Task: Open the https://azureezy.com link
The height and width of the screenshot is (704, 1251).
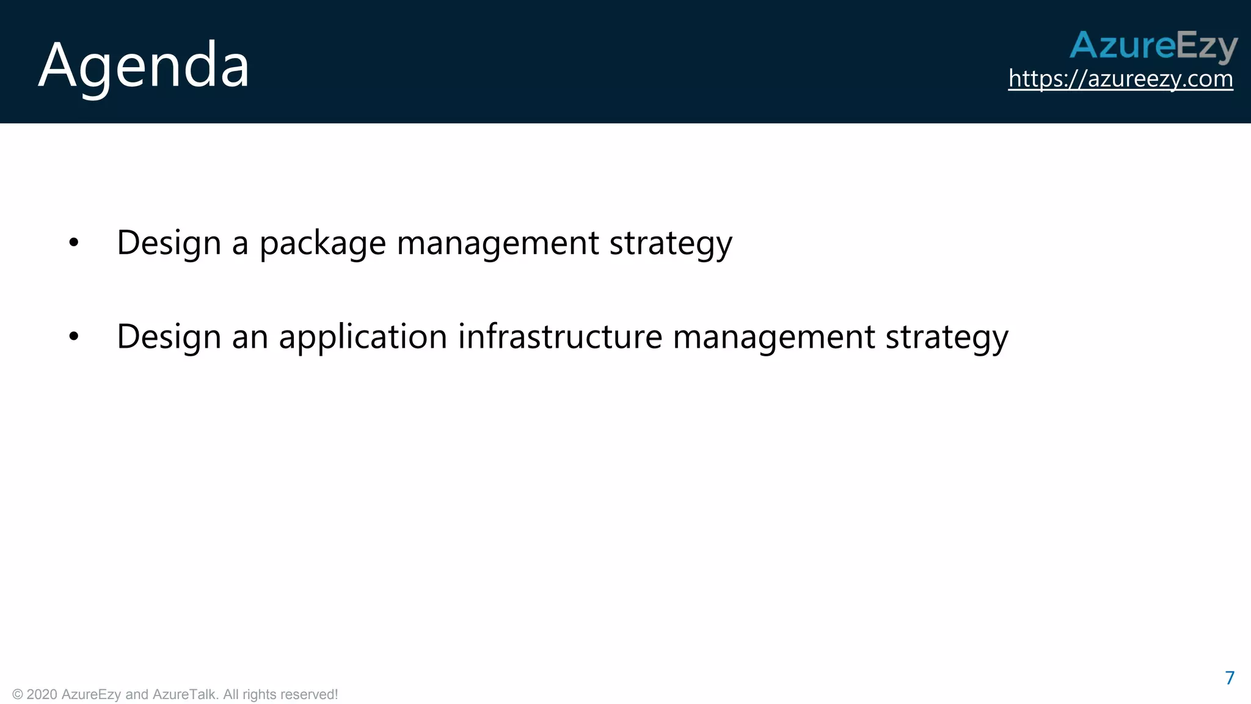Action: click(x=1120, y=79)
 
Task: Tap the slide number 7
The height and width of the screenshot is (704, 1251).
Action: click(x=1230, y=678)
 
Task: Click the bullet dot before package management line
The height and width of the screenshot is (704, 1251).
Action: click(x=74, y=243)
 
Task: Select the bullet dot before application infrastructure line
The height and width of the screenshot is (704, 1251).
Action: click(x=74, y=336)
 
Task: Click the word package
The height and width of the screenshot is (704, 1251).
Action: click(x=323, y=243)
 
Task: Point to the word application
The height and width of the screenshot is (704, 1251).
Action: click(x=363, y=337)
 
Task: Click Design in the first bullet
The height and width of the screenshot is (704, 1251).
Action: click(x=169, y=243)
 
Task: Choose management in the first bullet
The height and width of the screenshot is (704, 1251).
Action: click(x=497, y=243)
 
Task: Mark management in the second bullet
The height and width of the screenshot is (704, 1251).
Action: click(x=773, y=337)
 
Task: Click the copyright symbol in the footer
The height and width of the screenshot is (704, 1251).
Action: click(x=18, y=695)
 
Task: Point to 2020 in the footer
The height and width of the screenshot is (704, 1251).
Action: click(x=42, y=695)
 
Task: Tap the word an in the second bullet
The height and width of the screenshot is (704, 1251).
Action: click(x=250, y=337)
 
